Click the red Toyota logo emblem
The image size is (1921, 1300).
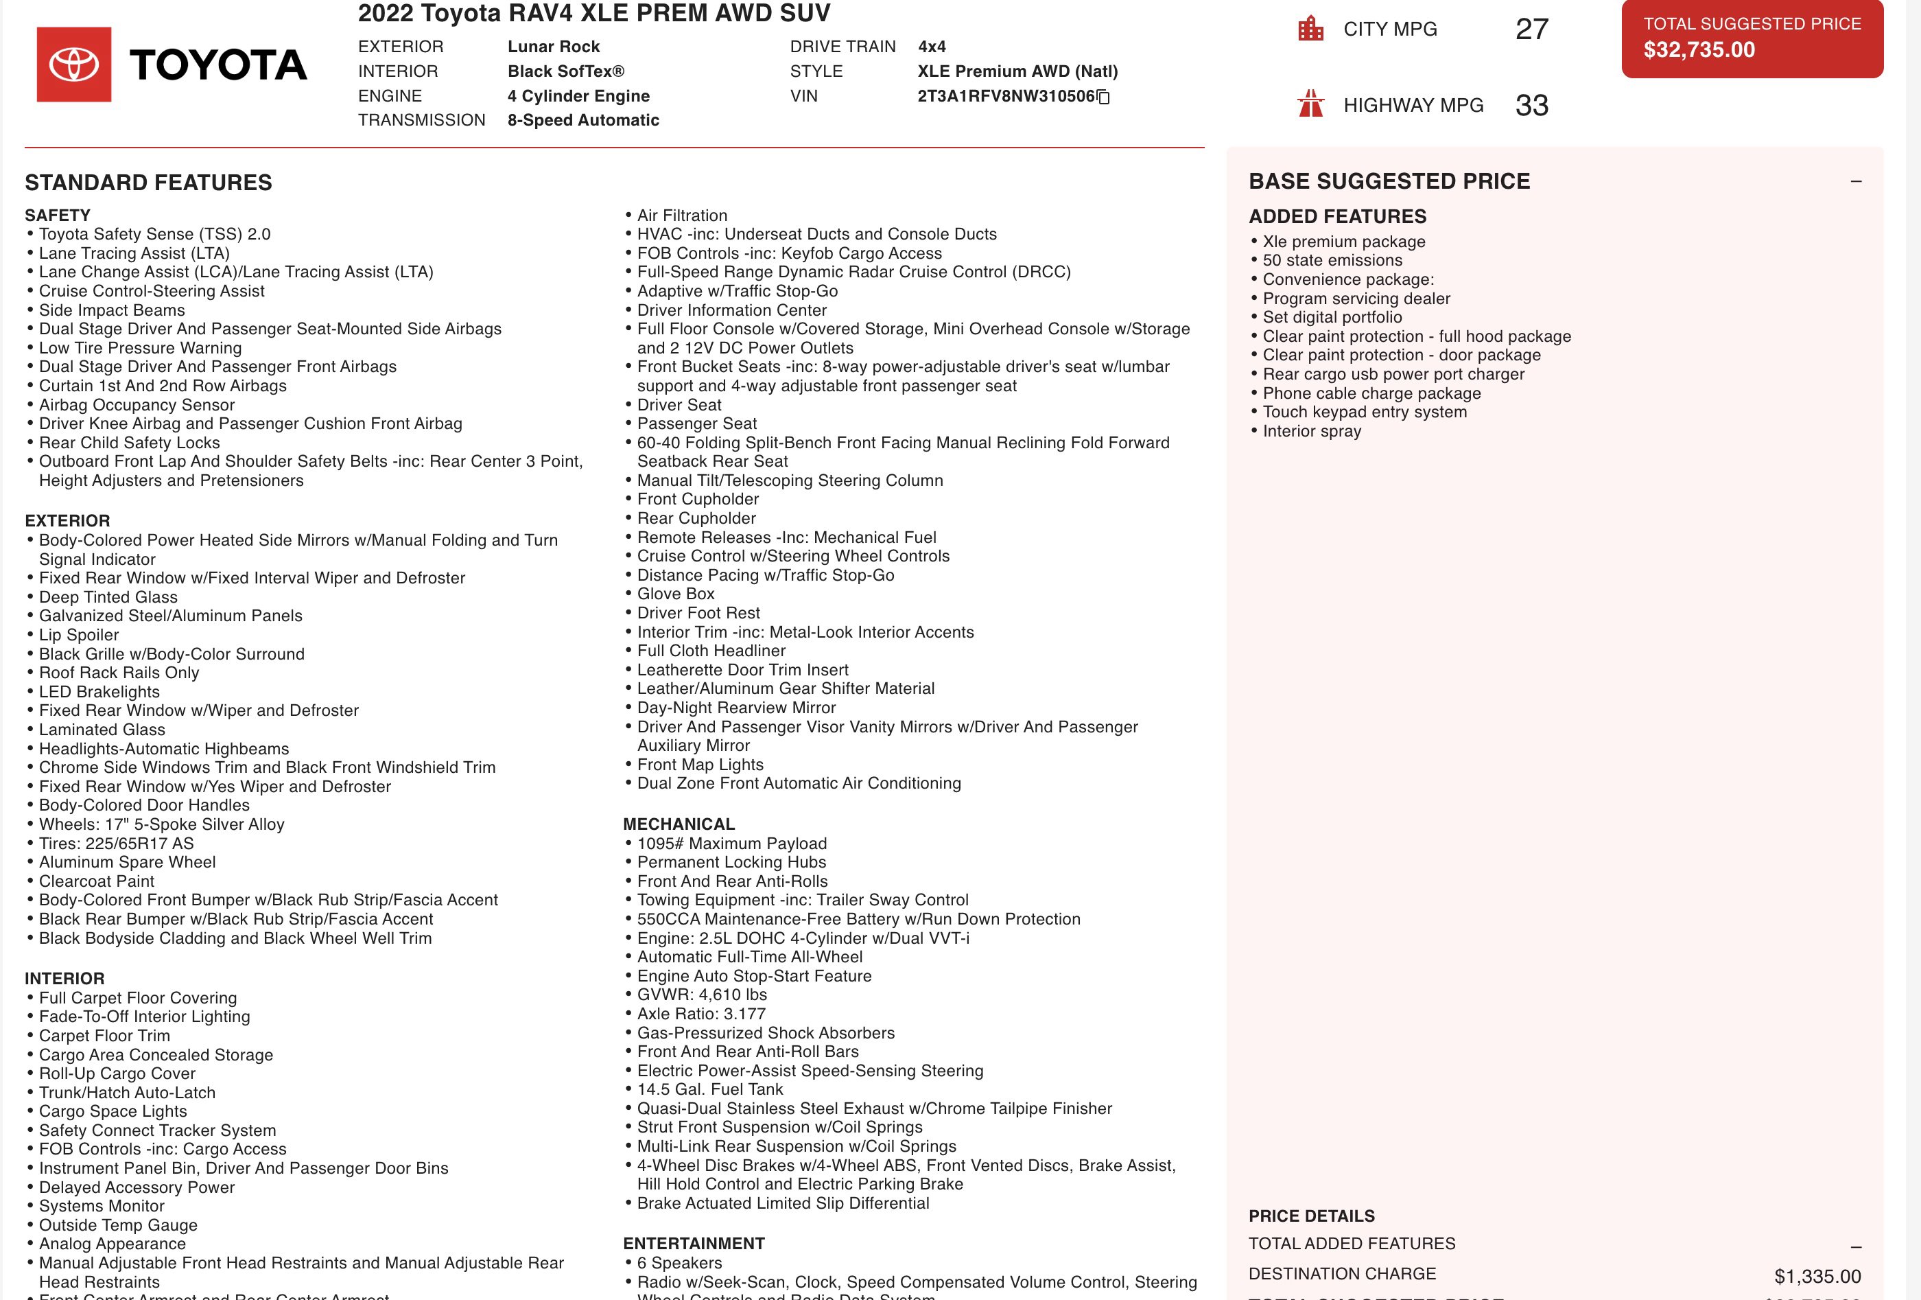click(x=74, y=65)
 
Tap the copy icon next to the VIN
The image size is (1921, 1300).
click(x=1103, y=97)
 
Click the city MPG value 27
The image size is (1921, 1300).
click(x=1531, y=30)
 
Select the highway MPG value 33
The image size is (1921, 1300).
click(x=1531, y=106)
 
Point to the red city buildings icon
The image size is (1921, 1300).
click(x=1311, y=29)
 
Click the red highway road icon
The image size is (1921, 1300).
click(x=1311, y=104)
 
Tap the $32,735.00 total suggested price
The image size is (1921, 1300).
click(x=1699, y=50)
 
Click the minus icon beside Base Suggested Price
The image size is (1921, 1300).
click(x=1856, y=181)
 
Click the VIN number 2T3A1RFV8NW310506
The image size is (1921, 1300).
click(x=1005, y=96)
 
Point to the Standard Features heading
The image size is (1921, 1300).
click(x=149, y=183)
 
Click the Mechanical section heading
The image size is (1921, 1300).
click(x=679, y=824)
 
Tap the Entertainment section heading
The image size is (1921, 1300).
click(x=694, y=1244)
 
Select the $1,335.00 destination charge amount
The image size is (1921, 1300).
click(x=1817, y=1276)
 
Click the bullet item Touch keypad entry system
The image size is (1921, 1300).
click(x=1364, y=412)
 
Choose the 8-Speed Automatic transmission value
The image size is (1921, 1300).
click(x=582, y=121)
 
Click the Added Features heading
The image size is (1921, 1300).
click(x=1337, y=217)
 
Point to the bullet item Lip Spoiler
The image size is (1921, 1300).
click(x=78, y=635)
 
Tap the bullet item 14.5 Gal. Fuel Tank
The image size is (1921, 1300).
click(x=709, y=1089)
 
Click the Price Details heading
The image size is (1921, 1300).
click(x=1311, y=1216)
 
